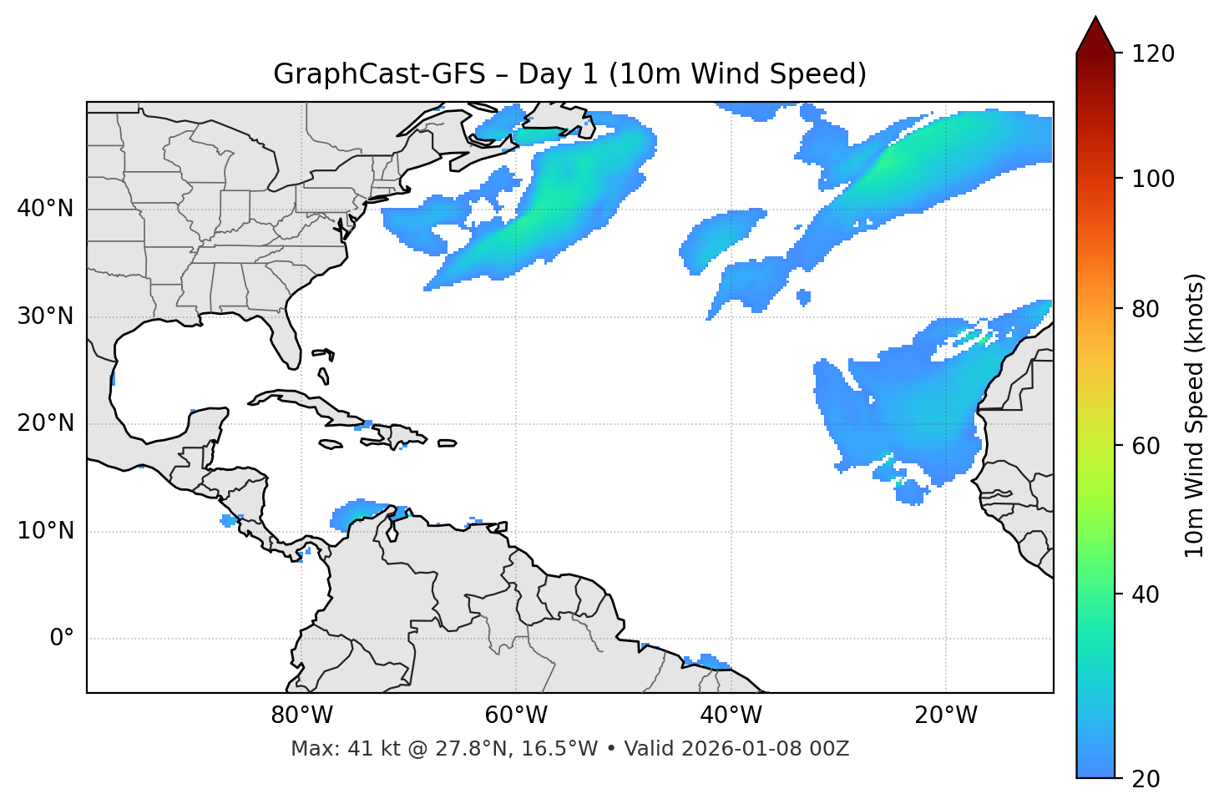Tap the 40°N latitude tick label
click(x=45, y=209)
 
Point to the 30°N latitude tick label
click(x=45, y=316)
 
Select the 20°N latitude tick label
click(x=45, y=423)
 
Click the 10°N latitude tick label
click(x=45, y=531)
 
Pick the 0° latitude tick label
click(x=62, y=639)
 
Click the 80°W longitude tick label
click(x=301, y=715)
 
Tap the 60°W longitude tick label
click(x=516, y=715)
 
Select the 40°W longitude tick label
click(x=731, y=715)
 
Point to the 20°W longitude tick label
click(x=945, y=715)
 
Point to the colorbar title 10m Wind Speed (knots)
click(x=1195, y=415)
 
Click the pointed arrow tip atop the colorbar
click(x=1095, y=20)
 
